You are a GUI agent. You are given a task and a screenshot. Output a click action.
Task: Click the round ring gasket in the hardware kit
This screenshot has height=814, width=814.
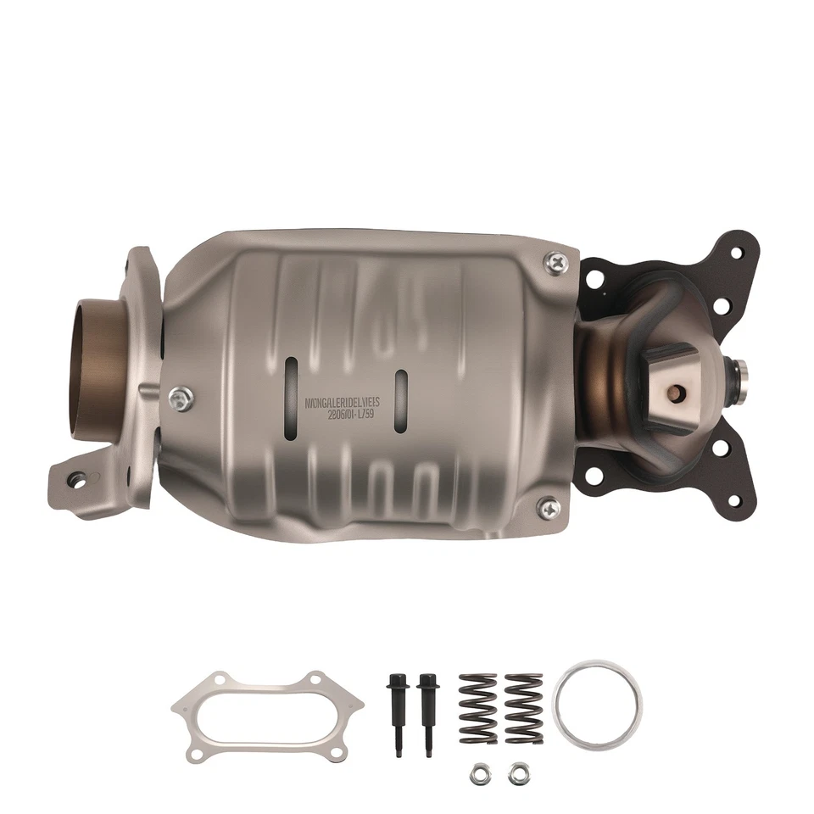point(597,704)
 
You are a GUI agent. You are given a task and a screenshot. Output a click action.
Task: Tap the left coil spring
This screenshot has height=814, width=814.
point(477,707)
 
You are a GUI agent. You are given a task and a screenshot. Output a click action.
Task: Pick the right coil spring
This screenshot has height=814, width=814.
point(523,707)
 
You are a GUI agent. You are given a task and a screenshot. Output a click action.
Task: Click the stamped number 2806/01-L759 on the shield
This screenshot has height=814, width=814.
point(354,415)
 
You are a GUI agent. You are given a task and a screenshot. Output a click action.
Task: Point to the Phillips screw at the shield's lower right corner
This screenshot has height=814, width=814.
point(549,508)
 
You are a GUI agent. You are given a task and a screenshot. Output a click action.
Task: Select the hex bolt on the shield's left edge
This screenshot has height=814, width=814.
point(181,396)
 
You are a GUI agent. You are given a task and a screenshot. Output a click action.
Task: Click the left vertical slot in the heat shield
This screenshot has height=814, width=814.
point(291,387)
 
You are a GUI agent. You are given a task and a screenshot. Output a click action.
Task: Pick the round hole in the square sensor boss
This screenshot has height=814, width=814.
point(677,393)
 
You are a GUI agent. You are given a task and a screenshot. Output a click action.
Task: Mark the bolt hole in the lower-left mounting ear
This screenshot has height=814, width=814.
point(78,480)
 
